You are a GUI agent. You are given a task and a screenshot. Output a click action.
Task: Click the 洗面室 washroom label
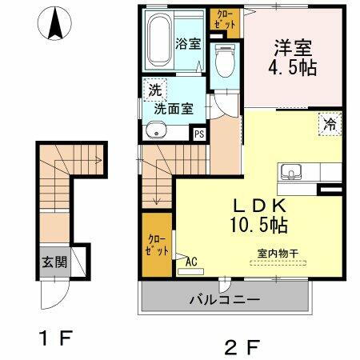click(173, 109)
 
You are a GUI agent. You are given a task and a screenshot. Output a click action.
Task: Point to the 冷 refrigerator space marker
click(329, 124)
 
